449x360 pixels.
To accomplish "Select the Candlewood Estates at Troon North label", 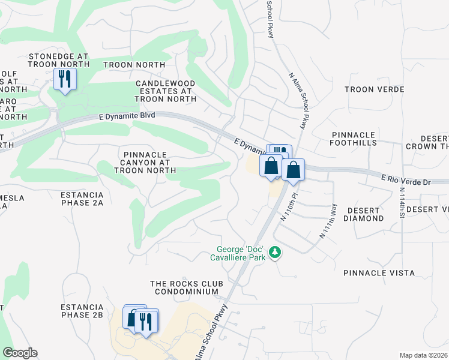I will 165,91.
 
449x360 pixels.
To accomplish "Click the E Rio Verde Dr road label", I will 406,178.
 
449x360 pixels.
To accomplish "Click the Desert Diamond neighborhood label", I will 363,214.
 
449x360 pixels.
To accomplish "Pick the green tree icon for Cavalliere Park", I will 275,253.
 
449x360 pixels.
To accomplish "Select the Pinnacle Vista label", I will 379,273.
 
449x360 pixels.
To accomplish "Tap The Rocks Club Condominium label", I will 187,287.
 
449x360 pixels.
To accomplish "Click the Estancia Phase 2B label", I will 82,310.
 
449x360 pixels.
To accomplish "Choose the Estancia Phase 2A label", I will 82,199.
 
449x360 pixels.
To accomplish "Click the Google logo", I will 20,353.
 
